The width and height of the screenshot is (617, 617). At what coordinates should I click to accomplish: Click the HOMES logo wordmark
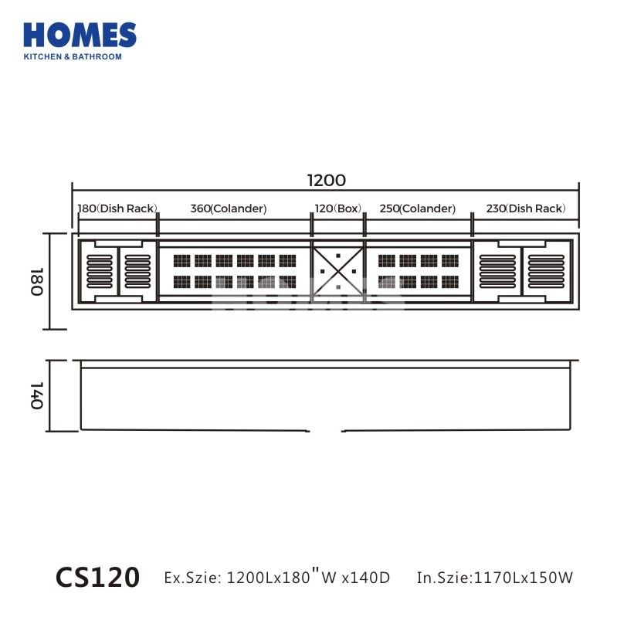(80, 36)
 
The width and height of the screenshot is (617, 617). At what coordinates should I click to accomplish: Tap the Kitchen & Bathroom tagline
(73, 57)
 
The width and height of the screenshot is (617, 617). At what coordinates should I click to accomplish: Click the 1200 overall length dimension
(326, 181)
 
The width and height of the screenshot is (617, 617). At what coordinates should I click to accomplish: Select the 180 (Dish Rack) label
(117, 208)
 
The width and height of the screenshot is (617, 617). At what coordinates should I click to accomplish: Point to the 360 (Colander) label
(229, 208)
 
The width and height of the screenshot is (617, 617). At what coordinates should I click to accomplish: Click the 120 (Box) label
(337, 208)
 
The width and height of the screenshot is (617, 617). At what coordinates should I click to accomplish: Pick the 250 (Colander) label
(417, 208)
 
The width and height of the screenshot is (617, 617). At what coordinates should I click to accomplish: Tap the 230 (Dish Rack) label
(526, 208)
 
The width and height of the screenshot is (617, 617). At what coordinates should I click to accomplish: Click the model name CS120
(97, 576)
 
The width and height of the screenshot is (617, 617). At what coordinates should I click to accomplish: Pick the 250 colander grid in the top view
(418, 271)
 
